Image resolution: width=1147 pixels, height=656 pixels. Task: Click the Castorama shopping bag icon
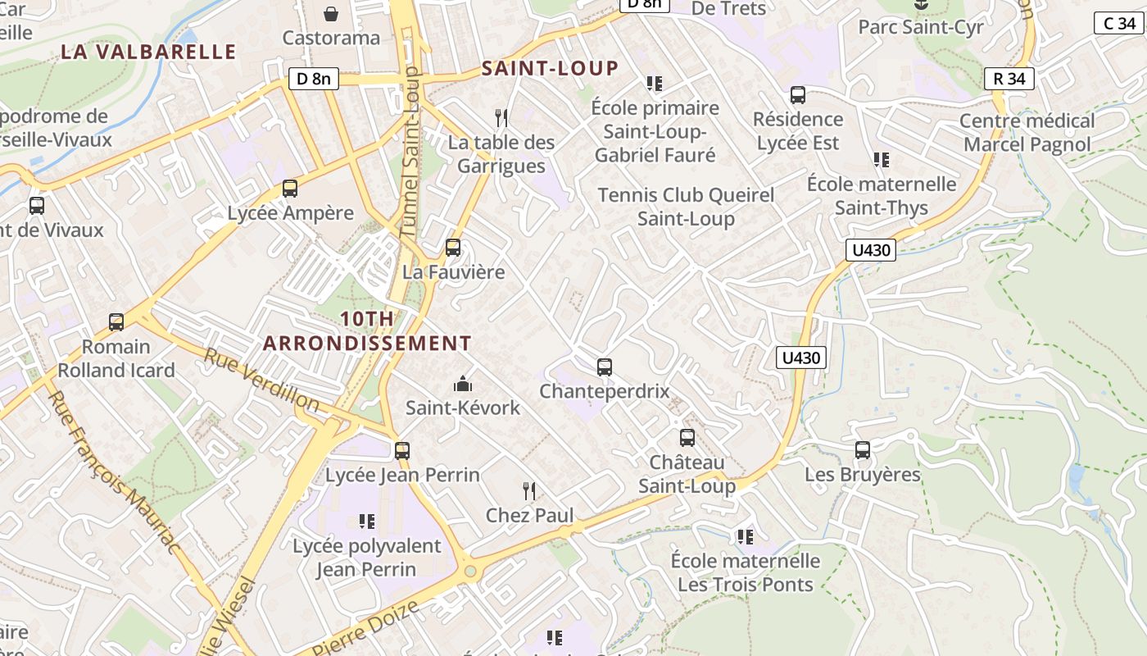point(331,14)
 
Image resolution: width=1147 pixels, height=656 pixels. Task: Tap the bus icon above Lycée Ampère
point(290,189)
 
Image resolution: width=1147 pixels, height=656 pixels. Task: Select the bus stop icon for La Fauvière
point(453,248)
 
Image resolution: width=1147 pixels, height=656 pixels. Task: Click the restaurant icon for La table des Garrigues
point(501,118)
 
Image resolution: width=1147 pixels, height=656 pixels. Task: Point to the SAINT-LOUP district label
point(550,68)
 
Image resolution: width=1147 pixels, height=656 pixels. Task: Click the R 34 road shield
point(1009,79)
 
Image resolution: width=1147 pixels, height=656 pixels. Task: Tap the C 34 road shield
point(1118,23)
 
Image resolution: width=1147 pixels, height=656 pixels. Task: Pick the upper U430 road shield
point(871,250)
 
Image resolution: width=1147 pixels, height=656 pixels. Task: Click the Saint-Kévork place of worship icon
point(463,384)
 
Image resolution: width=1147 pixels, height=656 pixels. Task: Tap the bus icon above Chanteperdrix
point(605,367)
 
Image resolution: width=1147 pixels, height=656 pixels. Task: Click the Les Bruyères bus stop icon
point(863,450)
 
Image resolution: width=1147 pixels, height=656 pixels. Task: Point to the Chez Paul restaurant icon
point(529,491)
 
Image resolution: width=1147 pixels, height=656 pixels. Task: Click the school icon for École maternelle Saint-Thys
point(882,160)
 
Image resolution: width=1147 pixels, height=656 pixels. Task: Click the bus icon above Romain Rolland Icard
point(116,322)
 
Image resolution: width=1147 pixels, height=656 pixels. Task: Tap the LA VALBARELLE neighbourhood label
point(148,52)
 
